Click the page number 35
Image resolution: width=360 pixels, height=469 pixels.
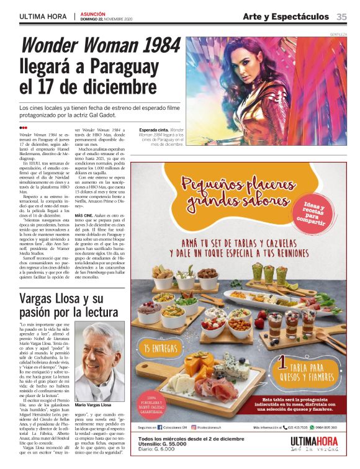[341, 17]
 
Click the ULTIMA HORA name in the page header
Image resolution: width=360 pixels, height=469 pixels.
[43, 17]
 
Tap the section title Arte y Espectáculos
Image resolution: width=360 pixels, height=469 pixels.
[285, 17]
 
